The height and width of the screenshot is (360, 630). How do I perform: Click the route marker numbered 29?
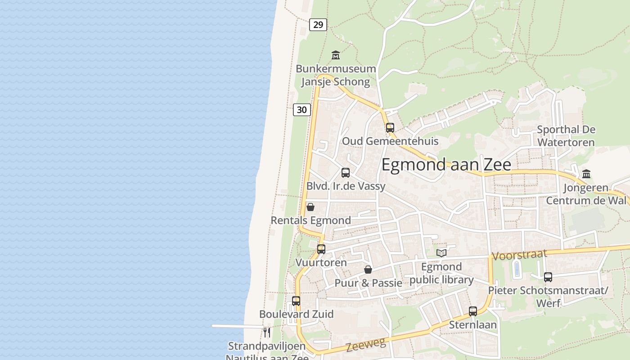(318, 25)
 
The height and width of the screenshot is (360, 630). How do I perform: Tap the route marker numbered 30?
(302, 109)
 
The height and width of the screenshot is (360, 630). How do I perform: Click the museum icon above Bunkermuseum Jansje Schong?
(336, 55)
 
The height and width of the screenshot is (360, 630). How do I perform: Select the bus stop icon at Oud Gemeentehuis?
(390, 127)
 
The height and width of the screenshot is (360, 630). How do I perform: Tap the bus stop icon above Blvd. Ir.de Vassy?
(346, 172)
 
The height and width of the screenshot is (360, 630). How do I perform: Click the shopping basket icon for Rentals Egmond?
(310, 207)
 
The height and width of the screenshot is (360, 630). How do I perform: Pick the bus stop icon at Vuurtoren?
(321, 249)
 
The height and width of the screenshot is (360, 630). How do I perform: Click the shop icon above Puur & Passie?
(368, 270)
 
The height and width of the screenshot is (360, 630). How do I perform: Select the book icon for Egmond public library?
(441, 253)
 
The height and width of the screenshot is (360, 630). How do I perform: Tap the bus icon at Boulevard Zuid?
(296, 301)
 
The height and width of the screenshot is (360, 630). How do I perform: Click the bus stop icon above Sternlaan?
(473, 311)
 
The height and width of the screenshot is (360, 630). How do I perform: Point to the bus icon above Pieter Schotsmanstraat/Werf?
(548, 277)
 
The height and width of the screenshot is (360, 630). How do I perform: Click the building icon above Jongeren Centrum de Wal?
(586, 174)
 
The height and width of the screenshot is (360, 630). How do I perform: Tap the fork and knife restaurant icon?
(267, 333)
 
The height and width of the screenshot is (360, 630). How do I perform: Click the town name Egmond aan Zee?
(446, 165)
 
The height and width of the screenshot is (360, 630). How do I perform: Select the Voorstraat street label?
(519, 255)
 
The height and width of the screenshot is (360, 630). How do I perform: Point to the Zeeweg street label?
(366, 345)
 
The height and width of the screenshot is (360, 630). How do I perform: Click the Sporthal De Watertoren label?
(566, 136)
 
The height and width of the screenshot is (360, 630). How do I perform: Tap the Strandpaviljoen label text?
(266, 346)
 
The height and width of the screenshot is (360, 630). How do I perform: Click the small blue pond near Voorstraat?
(517, 269)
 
